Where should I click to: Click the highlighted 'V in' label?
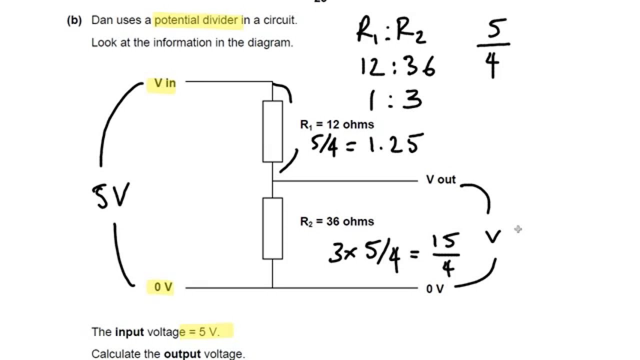164,83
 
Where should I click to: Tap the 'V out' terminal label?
440,179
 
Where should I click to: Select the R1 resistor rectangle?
272,131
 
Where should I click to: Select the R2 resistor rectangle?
272,228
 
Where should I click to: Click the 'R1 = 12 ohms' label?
336,124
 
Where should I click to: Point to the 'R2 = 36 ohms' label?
336,221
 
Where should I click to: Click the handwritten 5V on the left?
111,195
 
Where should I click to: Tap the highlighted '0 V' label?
163,287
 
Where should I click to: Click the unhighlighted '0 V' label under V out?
434,289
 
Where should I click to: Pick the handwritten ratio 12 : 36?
397,66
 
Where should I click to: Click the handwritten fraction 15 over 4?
447,255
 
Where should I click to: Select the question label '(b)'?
74,20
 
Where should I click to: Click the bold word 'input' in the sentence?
129,332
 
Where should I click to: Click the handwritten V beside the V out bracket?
493,236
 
